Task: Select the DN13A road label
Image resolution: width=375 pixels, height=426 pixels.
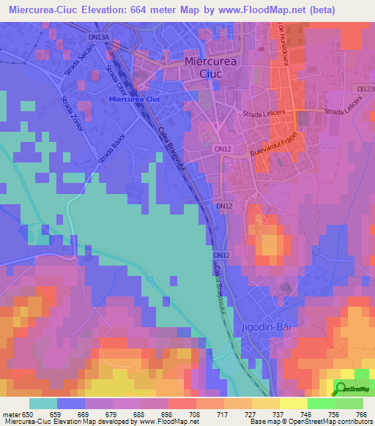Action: tap(98, 36)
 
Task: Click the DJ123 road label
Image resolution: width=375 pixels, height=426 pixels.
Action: tap(366, 89)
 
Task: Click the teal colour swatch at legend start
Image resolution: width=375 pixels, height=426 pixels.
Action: tap(43, 403)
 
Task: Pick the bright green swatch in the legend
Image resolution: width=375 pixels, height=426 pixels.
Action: tap(322, 403)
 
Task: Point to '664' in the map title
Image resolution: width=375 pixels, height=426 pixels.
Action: tap(165, 10)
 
